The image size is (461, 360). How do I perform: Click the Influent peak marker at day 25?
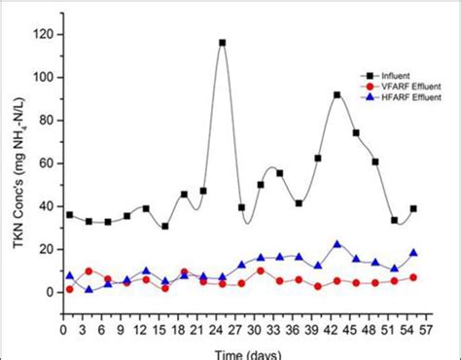[x=222, y=43]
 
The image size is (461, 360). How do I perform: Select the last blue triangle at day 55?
[x=413, y=253]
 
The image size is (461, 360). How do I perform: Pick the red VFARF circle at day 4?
[x=89, y=271]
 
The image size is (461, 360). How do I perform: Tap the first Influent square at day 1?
[x=69, y=215]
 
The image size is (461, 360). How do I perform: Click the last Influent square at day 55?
[x=413, y=209]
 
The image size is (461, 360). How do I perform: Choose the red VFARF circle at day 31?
[x=261, y=270]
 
